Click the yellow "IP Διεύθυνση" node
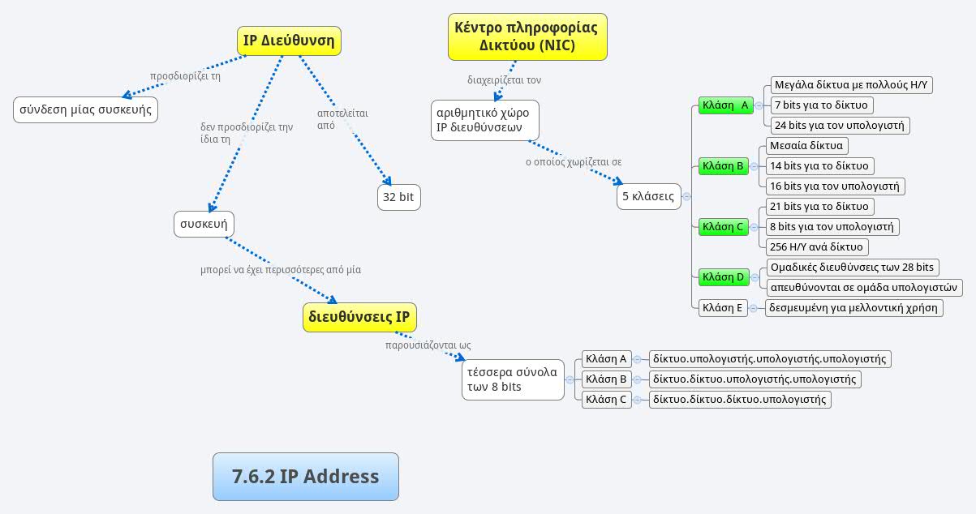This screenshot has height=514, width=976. click(289, 41)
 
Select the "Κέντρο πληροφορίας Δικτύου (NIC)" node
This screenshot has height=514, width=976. click(527, 36)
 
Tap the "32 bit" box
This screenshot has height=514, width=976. click(398, 197)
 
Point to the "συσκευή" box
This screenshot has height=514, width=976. click(204, 224)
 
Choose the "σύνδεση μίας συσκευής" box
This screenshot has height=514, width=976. click(85, 109)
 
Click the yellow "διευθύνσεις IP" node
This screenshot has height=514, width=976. click(359, 316)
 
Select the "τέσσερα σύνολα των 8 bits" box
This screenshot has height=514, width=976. click(513, 379)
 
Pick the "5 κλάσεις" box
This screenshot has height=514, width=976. click(648, 196)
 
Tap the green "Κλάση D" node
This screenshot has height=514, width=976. click(723, 277)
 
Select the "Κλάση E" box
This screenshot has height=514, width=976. click(722, 307)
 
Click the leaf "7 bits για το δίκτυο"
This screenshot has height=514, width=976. click(821, 105)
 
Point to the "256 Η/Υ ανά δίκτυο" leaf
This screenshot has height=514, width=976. click(816, 247)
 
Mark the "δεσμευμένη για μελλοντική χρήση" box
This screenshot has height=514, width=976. click(853, 307)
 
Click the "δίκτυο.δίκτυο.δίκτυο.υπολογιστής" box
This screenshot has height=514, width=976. click(739, 399)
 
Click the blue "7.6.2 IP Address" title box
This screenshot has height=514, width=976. click(305, 477)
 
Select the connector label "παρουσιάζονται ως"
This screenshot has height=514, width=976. click(428, 345)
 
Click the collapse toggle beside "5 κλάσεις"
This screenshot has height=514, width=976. click(687, 196)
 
